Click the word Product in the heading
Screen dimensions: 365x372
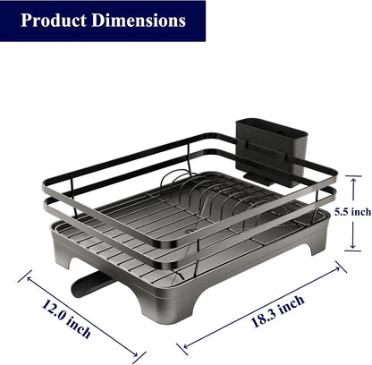click(x=52, y=20)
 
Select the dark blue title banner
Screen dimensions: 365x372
click(x=102, y=21)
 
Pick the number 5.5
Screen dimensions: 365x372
click(x=341, y=212)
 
